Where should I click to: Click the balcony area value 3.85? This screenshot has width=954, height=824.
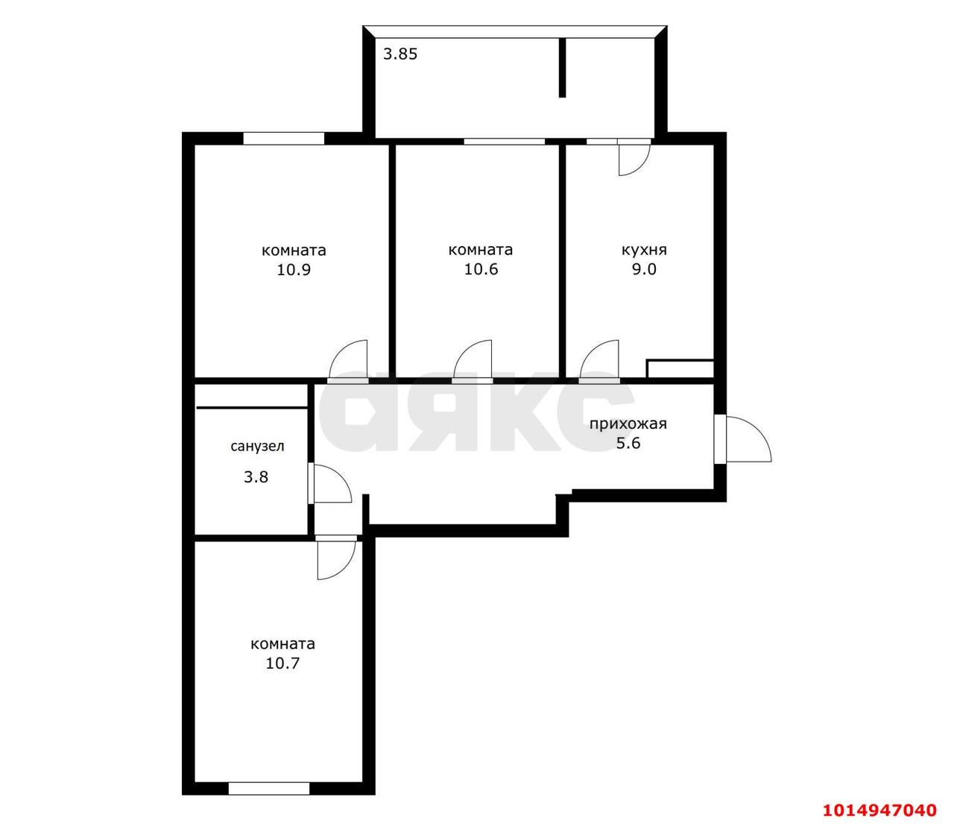400,54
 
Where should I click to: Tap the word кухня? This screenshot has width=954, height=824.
644,251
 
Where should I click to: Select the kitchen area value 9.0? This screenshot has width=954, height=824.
644,269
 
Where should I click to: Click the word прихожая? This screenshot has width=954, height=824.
628,424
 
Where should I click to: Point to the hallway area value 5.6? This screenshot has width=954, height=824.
628,444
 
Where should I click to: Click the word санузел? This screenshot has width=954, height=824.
257,446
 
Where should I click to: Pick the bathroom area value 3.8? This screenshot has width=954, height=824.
256,477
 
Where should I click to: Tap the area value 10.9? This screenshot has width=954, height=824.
294,270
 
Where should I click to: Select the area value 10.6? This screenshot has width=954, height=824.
481,269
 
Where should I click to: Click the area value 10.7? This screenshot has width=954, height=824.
282,663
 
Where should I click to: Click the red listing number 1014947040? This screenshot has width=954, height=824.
880,810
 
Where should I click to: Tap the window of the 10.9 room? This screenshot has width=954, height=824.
284,139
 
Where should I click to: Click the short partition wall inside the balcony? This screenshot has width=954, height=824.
562,68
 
